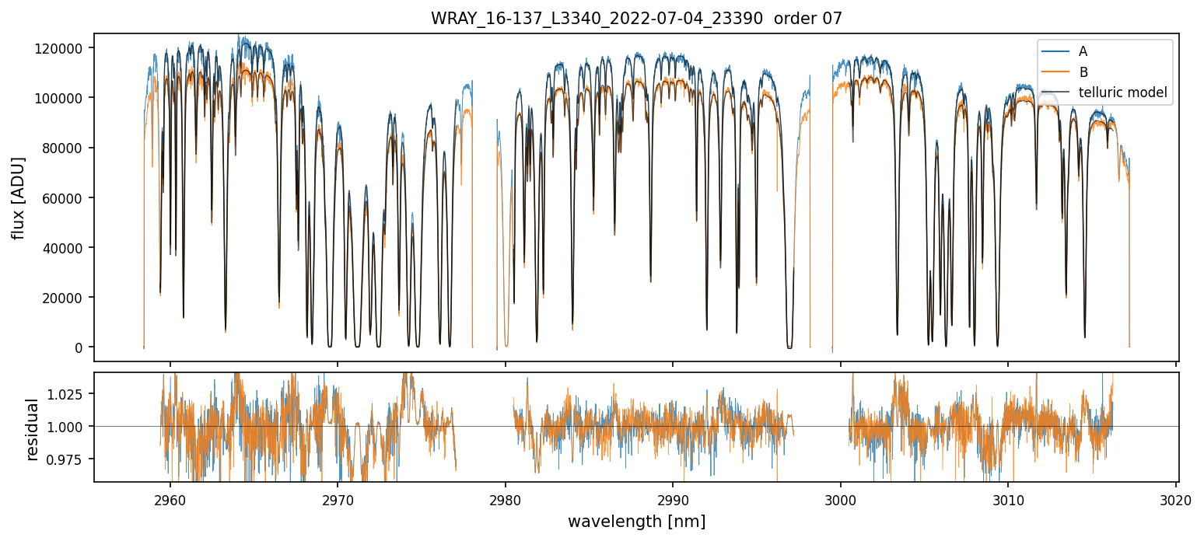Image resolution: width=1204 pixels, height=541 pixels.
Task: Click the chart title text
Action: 636,19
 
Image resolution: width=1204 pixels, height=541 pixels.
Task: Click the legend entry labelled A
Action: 1083,52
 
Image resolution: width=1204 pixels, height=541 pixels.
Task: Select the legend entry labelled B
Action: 1083,72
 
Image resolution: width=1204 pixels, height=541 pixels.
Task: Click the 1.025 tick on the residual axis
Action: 71,394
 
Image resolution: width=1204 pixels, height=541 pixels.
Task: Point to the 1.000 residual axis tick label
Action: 71,427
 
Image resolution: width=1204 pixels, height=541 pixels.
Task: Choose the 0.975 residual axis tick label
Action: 71,459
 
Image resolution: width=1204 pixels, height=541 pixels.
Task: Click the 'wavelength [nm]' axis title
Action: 636,521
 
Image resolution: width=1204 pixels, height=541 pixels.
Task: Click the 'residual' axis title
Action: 33,429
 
